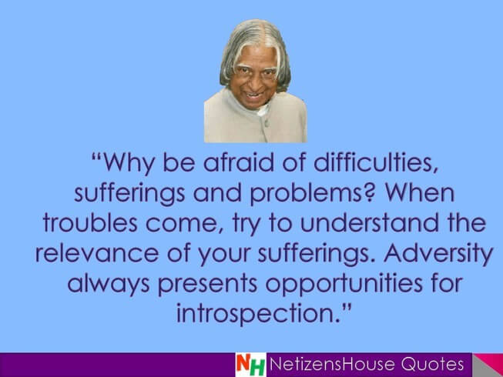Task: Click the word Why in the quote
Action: click(x=129, y=163)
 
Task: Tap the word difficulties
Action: click(x=373, y=162)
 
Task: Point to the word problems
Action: click(x=305, y=193)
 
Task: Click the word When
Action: click(x=420, y=192)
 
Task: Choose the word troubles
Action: click(x=90, y=222)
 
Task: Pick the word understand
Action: click(x=369, y=222)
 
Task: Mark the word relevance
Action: click(x=97, y=253)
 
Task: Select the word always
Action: click(x=109, y=284)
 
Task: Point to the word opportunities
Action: click(x=344, y=284)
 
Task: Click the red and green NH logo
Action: click(x=250, y=365)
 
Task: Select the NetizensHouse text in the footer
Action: click(x=332, y=364)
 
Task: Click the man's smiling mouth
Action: click(x=254, y=95)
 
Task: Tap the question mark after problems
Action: click(x=370, y=192)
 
